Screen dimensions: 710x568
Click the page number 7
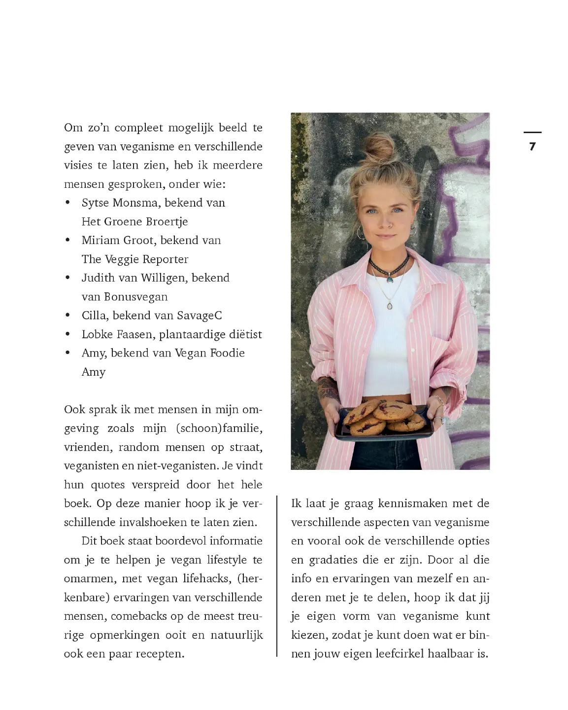pyautogui.click(x=532, y=146)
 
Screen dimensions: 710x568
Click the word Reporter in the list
pyautogui.click(x=165, y=259)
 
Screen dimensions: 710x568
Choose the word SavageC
pyautogui.click(x=200, y=316)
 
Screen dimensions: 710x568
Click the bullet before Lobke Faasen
pyautogui.click(x=68, y=335)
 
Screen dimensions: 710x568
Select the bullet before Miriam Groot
pyautogui.click(x=68, y=241)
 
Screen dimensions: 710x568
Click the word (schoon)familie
pyautogui.click(x=219, y=428)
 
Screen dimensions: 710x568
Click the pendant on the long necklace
pyautogui.click(x=390, y=306)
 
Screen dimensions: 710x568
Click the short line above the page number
pyautogui.click(x=532, y=132)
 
